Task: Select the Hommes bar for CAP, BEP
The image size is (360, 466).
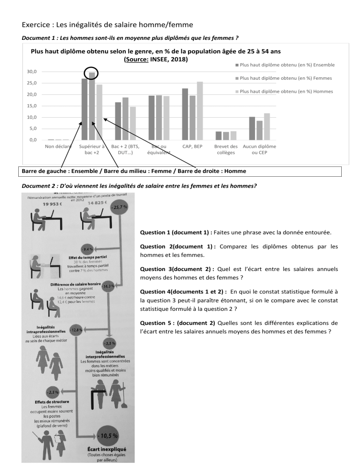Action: point(200,111)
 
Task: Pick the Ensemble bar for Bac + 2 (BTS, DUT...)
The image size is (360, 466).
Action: point(118,120)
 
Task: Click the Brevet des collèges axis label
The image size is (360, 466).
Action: point(226,150)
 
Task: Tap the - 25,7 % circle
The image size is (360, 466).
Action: point(119,207)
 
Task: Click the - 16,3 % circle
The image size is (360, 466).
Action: point(107,286)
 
